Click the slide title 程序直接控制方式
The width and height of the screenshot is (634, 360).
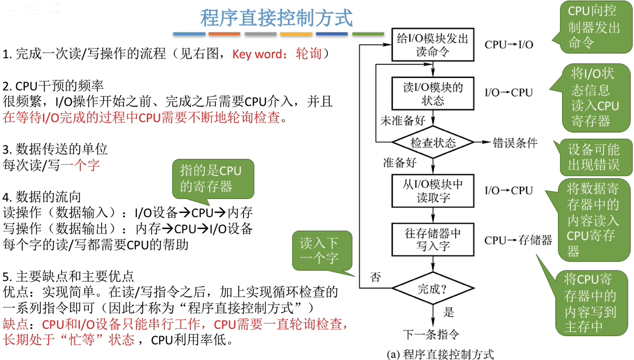point(276,18)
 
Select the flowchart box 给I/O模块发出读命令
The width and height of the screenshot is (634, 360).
point(433,45)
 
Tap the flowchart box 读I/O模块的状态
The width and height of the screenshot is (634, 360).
point(433,93)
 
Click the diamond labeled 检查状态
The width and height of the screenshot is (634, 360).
point(433,143)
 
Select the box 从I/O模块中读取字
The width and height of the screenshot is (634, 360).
point(433,191)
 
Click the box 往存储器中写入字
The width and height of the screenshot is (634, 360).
point(433,239)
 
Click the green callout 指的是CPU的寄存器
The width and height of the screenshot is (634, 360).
point(213,179)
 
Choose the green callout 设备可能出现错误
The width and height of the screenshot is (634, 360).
point(594,157)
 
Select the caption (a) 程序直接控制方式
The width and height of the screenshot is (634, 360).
point(440,354)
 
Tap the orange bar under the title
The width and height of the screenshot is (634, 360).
point(224,34)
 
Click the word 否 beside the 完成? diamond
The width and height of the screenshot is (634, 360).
point(375,278)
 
